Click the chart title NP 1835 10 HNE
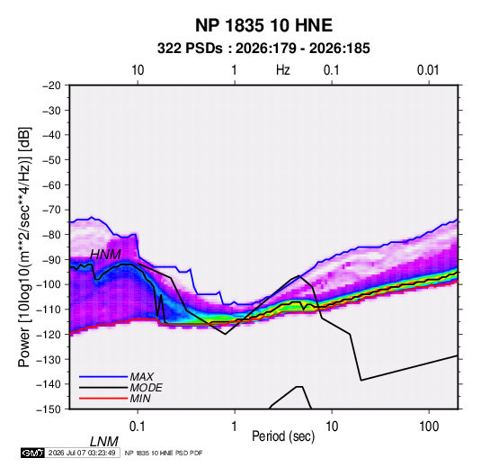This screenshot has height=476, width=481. click(x=263, y=25)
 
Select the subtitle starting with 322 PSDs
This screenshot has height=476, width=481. click(x=263, y=49)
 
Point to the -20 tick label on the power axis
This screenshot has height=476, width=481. click(x=51, y=85)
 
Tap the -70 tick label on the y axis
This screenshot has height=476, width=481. click(x=51, y=210)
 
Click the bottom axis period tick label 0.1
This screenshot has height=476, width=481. click(x=138, y=427)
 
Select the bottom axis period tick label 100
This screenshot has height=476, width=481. click(x=429, y=427)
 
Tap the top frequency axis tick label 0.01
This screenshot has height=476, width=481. click(x=428, y=70)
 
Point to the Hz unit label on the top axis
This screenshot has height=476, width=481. click(x=283, y=70)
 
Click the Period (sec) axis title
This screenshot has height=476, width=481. click(x=283, y=436)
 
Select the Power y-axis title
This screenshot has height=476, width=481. click(x=24, y=247)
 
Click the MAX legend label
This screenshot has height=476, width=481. click(x=141, y=376)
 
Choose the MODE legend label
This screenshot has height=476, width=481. click(x=146, y=388)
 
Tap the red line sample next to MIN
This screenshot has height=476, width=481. click(x=103, y=399)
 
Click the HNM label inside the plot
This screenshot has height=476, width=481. click(x=105, y=255)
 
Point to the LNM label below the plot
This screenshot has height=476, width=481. click(x=104, y=442)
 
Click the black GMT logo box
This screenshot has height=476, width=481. click(x=33, y=453)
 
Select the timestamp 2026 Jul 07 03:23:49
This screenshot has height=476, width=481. click(x=82, y=453)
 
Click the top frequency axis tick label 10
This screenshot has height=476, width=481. click(x=138, y=70)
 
